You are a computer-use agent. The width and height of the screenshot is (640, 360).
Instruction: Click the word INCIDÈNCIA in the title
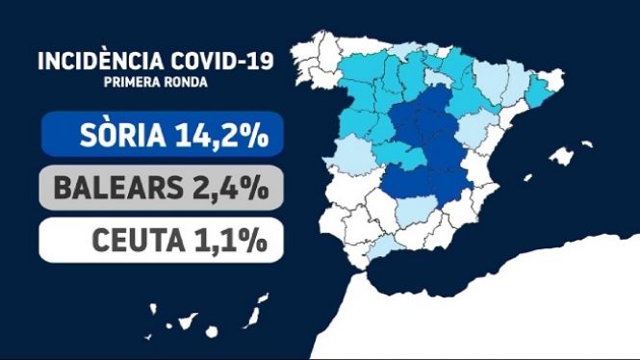pyautogui.click(x=101, y=62)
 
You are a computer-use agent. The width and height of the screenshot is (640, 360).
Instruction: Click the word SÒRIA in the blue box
pyautogui.click(x=123, y=135)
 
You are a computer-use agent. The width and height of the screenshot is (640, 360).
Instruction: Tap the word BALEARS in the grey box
pyautogui.click(x=118, y=188)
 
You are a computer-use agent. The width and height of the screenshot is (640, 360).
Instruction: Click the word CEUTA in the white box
pyautogui.click(x=139, y=241)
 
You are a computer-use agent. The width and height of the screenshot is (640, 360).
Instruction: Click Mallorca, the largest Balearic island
pyautogui.click(x=561, y=156)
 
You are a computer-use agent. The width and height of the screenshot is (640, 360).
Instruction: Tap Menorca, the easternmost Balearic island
pyautogui.click(x=587, y=143)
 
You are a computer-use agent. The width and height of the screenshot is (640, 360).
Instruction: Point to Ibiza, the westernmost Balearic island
pyautogui.click(x=528, y=177)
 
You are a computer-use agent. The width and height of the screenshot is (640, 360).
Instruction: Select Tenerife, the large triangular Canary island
pyautogui.click(x=188, y=321)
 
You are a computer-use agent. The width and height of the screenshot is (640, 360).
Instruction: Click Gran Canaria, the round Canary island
pyautogui.click(x=212, y=331)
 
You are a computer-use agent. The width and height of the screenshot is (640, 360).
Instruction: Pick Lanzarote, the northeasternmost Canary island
pyautogui.click(x=264, y=298)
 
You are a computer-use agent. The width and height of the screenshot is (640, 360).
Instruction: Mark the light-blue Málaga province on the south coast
pyautogui.click(x=382, y=248)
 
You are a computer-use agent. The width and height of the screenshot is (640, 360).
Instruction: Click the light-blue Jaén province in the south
pyautogui.click(x=417, y=210)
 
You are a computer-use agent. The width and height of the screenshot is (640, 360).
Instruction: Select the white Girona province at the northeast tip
pyautogui.click(x=551, y=80)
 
